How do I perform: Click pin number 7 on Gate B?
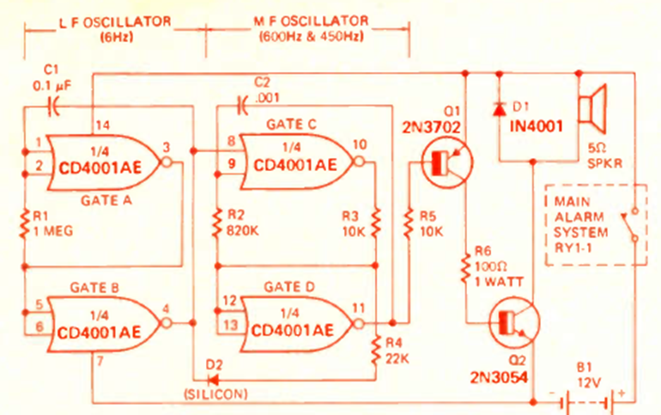pos(101,359)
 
